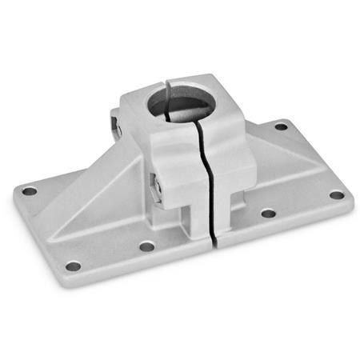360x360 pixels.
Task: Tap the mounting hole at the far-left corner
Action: [29, 191]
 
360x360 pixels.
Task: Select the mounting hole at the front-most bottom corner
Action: [73, 266]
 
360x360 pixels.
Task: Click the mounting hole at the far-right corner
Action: [337, 195]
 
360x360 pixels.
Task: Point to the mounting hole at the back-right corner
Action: [281, 126]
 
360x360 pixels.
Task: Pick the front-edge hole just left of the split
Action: [146, 246]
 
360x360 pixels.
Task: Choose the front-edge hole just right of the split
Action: [268, 214]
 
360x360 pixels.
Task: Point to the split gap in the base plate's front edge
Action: [214, 238]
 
